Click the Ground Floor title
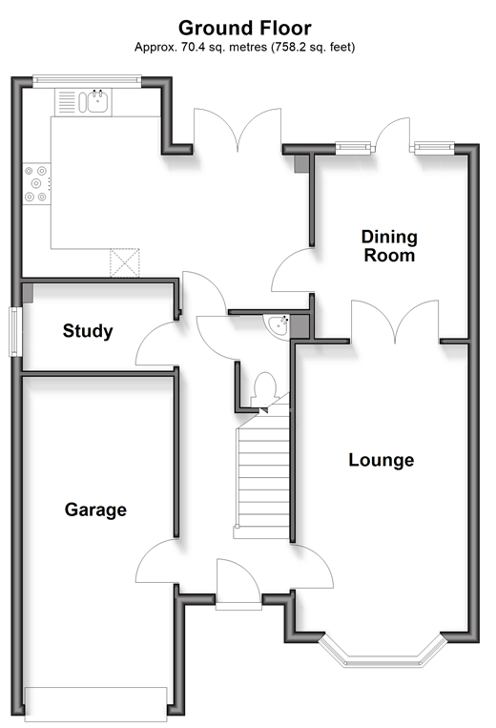click(x=244, y=28)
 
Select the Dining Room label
click(x=389, y=246)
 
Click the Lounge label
click(x=381, y=460)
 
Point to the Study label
click(x=88, y=331)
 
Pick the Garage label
click(x=95, y=510)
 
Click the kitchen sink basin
click(x=98, y=102)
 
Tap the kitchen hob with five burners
click(x=36, y=184)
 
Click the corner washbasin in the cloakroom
click(x=278, y=324)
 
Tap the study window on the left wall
click(x=16, y=331)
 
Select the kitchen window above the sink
click(x=87, y=82)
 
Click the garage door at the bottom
click(x=95, y=704)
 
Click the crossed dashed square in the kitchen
click(x=125, y=263)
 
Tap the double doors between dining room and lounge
click(x=395, y=322)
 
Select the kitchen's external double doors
click(x=238, y=130)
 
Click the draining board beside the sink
click(x=67, y=102)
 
